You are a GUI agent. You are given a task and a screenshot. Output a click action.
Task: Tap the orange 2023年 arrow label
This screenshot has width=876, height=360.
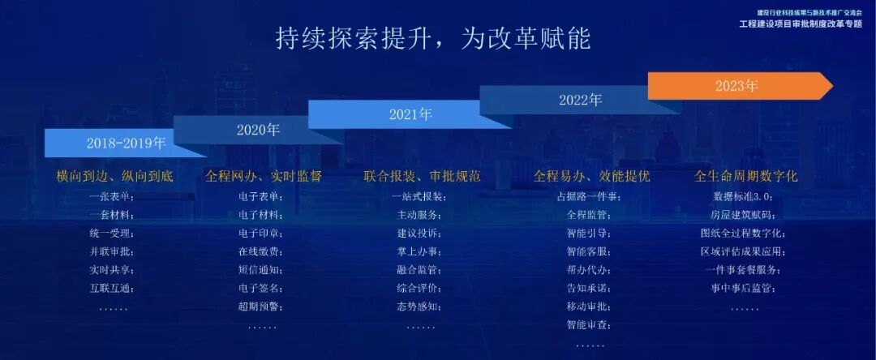coord(736,86)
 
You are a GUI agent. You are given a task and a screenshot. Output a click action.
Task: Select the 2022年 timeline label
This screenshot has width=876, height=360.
coord(580,101)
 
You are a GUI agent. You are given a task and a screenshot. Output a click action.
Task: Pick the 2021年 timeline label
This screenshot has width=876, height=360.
coord(410,114)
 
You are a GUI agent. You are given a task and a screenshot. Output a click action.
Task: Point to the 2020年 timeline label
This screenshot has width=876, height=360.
coord(258,130)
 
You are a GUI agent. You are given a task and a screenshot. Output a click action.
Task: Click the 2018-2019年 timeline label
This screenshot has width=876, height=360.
coord(126,144)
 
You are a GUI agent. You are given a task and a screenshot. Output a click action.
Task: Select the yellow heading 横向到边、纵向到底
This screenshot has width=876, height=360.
coord(114,176)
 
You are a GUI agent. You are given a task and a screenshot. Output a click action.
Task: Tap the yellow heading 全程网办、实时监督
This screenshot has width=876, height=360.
coord(264,176)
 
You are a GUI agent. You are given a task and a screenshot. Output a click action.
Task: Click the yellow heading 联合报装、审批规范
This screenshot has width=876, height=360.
coord(422,176)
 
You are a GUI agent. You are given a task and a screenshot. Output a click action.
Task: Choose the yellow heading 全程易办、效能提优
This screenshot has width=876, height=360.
coord(591,176)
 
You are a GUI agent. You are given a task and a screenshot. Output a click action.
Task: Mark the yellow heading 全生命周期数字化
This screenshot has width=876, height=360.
coord(746,176)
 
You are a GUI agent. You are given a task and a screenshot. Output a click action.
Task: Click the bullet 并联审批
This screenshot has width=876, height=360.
coord(112,251)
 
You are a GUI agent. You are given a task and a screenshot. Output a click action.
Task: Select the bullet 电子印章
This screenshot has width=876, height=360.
coord(260,234)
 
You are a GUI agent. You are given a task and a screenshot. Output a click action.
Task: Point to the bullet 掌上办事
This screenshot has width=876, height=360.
coord(419,251)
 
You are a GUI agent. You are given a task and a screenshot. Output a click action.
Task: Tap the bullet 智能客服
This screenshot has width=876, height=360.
coord(588,251)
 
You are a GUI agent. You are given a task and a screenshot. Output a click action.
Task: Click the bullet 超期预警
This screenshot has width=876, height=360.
coord(260,306)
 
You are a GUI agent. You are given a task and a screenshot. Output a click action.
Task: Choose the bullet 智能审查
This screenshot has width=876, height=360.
coord(588,325)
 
